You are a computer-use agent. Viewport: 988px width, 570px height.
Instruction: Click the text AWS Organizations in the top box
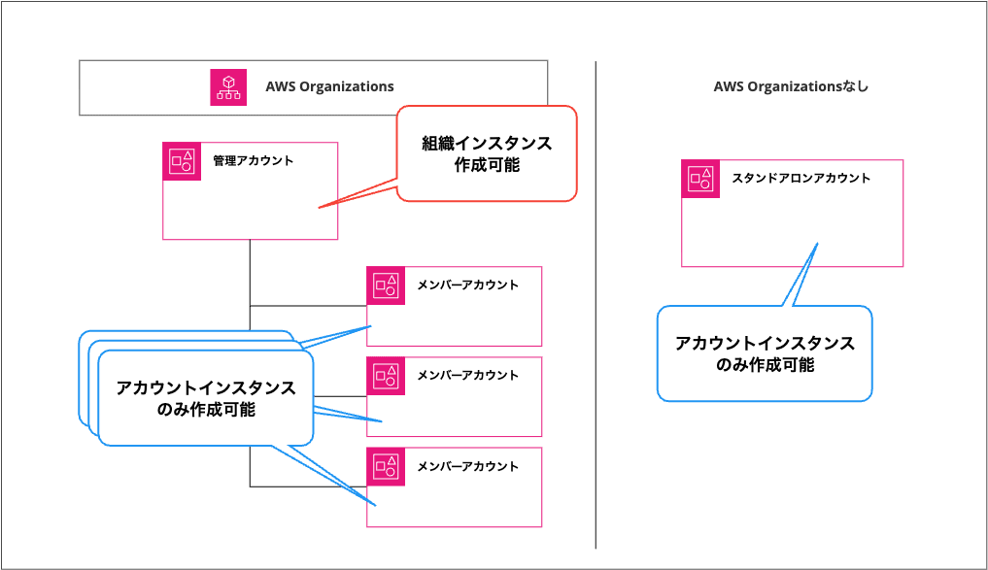329,86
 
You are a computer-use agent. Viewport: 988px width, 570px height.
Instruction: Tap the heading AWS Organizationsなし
791,86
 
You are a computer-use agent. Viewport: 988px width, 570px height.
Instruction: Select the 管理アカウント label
253,160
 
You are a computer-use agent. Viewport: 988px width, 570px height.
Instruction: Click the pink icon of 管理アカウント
181,161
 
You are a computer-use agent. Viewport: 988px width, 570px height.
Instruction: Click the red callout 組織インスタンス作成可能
487,153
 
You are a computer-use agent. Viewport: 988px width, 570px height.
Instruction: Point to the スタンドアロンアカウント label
801,178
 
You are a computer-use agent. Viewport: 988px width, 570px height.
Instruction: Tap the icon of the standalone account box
700,179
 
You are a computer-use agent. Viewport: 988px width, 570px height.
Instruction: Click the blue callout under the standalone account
765,353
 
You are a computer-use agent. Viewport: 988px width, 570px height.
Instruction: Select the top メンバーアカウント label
467,285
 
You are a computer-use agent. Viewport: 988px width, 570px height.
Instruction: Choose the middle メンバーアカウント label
467,375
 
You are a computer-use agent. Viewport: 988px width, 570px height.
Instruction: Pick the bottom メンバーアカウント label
467,465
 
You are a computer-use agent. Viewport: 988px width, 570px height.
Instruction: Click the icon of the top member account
385,285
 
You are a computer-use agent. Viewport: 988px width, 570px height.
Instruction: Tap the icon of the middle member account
385,376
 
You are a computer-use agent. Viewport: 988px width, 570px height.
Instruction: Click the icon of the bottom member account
385,466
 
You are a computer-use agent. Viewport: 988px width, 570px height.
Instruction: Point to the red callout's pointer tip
321,207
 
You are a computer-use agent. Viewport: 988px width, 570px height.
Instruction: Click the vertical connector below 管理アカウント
250,272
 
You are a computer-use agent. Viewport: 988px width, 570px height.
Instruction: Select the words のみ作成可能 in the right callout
765,365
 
